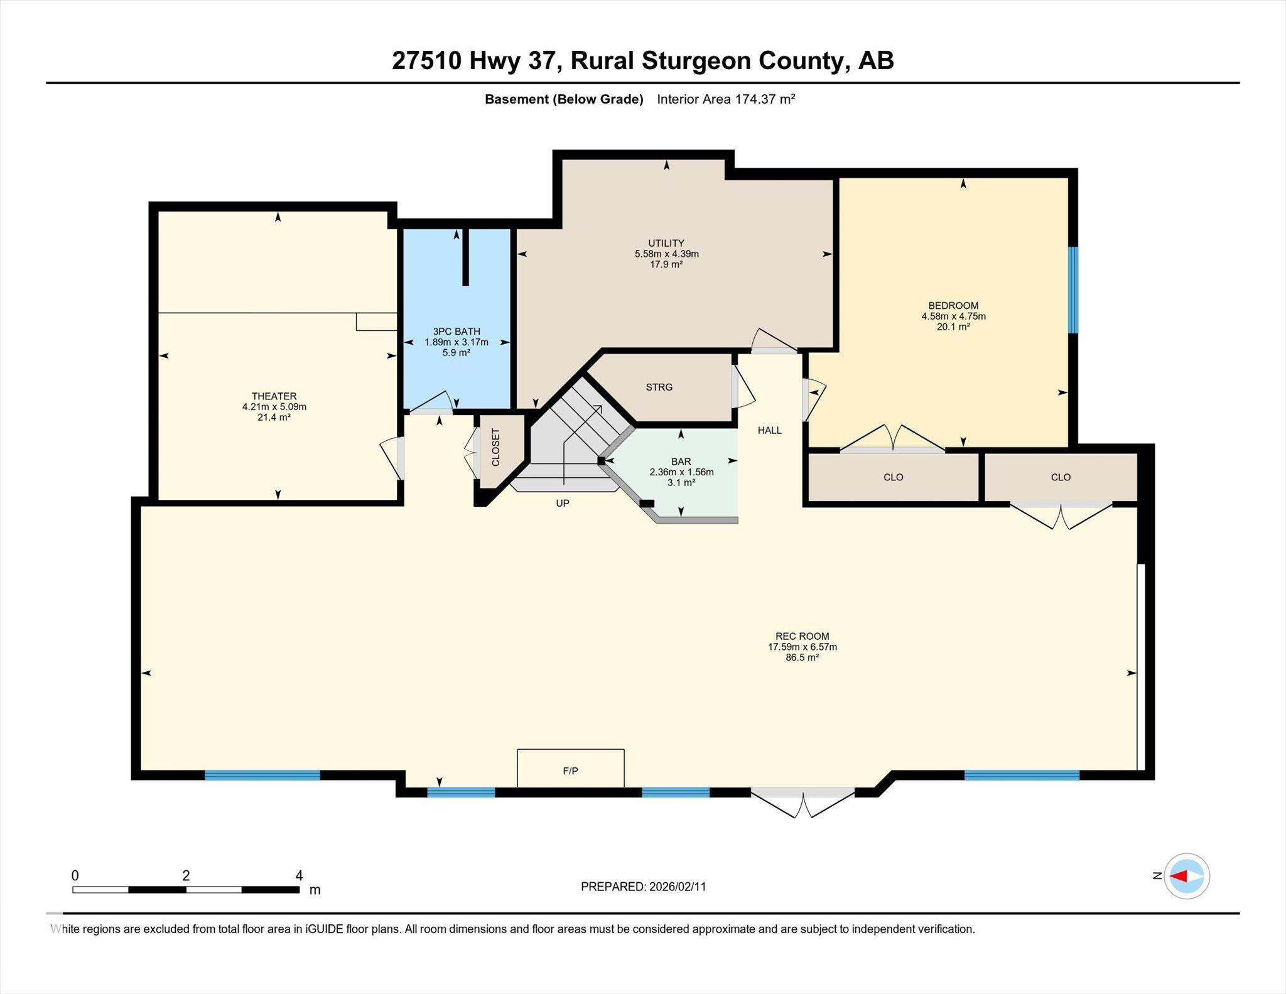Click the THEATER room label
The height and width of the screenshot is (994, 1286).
[274, 396]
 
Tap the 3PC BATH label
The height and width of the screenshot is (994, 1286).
[457, 332]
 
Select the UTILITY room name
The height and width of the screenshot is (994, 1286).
[666, 243]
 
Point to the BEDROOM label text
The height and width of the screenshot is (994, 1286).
[953, 306]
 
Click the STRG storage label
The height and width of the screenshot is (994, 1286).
[659, 387]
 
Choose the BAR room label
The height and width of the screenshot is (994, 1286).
[681, 462]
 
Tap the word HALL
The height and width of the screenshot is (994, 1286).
[770, 430]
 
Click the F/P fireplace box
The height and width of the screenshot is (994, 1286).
[571, 767]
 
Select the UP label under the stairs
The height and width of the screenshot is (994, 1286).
[563, 503]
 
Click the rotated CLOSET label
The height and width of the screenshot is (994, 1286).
[495, 447]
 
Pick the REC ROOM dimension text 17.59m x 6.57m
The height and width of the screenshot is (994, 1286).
[802, 647]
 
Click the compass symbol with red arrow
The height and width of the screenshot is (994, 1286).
[1187, 876]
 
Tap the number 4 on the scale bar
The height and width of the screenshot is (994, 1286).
[299, 875]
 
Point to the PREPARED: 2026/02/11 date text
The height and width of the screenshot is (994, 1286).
[644, 887]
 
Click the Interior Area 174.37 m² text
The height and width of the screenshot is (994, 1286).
[727, 99]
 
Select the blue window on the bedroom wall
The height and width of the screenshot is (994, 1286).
[1074, 289]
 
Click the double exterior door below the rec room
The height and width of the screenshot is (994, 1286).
[803, 802]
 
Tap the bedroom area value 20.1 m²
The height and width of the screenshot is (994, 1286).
[953, 327]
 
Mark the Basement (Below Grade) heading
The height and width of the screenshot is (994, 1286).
[564, 99]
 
